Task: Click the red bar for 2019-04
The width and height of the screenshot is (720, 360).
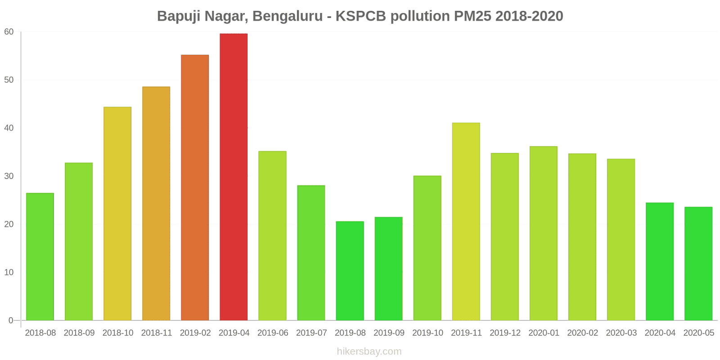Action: coord(234,177)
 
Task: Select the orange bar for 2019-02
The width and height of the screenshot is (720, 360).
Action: coord(195,188)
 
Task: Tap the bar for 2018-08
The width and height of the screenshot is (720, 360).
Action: coord(40,256)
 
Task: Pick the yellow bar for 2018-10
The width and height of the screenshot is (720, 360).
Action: coord(117,214)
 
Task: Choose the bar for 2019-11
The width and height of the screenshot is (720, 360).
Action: coord(466,221)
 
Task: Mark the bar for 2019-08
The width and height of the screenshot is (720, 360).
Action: coord(350,271)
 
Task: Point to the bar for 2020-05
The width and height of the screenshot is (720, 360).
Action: coord(698,264)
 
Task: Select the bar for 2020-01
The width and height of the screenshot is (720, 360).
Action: coord(543,233)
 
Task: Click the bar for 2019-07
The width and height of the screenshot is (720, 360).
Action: coord(311,253)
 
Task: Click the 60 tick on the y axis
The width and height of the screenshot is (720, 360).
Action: coord(9,32)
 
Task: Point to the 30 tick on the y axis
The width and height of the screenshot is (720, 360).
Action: coord(9,176)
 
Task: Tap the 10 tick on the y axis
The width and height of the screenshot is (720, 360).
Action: coord(9,273)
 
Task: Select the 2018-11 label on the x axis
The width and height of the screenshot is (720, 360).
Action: coord(157,333)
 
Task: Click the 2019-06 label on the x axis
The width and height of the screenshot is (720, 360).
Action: coord(273,333)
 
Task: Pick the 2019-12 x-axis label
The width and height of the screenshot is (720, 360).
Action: coord(505,333)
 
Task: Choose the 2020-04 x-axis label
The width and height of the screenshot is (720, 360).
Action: coord(660,333)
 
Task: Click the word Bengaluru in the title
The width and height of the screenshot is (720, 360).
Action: coord(288,16)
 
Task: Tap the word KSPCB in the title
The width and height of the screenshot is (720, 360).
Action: coord(361,16)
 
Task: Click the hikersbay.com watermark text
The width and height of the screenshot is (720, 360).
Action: coord(369,351)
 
